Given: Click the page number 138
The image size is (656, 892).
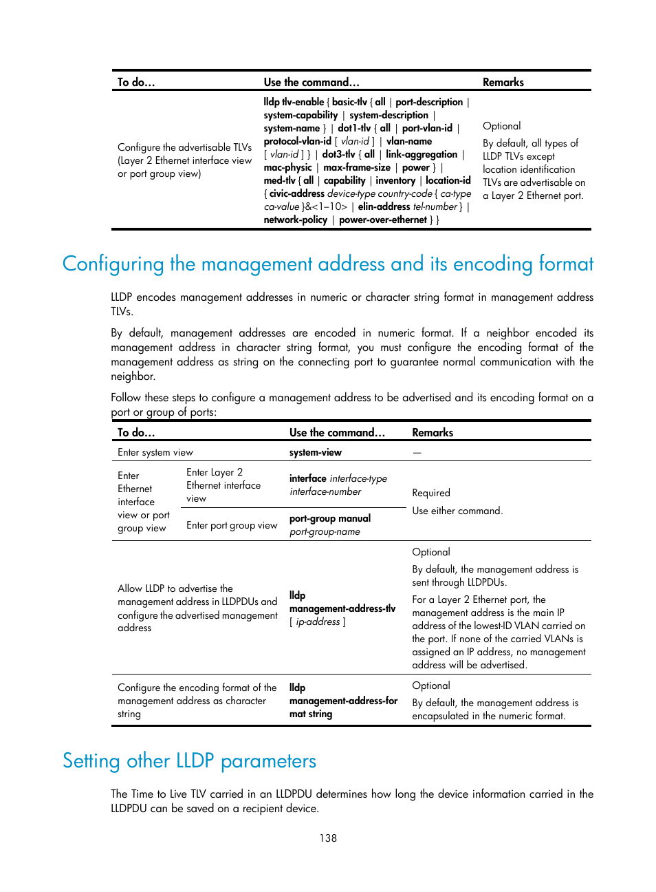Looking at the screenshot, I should click(x=328, y=838).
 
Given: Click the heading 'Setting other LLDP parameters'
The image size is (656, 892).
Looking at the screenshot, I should click(x=189, y=761).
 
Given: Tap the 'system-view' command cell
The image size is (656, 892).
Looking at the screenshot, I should click(x=315, y=452).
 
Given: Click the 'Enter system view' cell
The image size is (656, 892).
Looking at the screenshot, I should click(x=155, y=452).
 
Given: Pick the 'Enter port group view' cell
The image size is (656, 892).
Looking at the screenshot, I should click(x=232, y=525).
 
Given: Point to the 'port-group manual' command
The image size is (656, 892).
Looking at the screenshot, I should click(x=330, y=518).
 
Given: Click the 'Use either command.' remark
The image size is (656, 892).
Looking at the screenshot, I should click(x=457, y=511).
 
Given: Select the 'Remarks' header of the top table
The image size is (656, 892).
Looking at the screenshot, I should click(x=503, y=82).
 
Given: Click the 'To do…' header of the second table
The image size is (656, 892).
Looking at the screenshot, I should click(x=136, y=432).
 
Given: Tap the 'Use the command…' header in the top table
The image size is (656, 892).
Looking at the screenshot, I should click(x=311, y=82).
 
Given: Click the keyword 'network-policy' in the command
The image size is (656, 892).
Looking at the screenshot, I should click(x=295, y=220).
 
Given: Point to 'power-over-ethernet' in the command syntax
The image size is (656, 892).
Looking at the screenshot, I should click(x=383, y=220).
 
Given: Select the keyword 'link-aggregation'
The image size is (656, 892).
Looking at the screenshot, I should click(x=422, y=154).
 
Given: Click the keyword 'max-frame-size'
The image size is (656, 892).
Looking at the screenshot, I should click(x=357, y=167).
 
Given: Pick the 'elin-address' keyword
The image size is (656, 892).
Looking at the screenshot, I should click(x=384, y=206).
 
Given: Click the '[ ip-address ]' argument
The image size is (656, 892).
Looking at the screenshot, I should click(x=318, y=622).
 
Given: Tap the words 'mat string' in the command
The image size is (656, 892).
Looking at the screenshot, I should click(x=311, y=714).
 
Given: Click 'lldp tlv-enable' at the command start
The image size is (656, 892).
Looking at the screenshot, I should click(x=294, y=102).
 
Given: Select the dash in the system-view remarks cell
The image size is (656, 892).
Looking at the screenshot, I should click(x=417, y=452).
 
